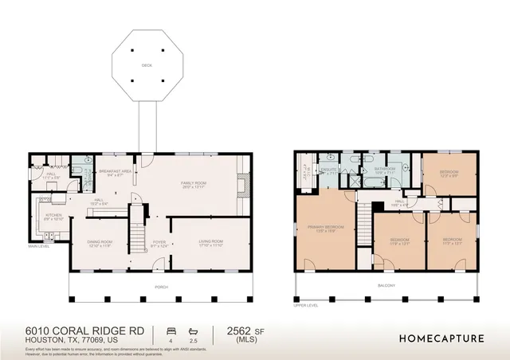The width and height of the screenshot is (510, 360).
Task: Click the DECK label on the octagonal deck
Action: [x=146, y=66]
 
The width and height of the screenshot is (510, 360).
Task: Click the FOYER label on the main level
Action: [x=159, y=243]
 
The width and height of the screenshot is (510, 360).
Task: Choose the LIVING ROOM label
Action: [x=211, y=241]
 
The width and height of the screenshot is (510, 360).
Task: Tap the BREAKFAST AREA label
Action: [x=110, y=171]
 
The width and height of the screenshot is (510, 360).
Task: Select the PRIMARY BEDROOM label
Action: [x=324, y=229]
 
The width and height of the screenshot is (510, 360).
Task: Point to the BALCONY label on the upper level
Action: [x=388, y=284]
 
